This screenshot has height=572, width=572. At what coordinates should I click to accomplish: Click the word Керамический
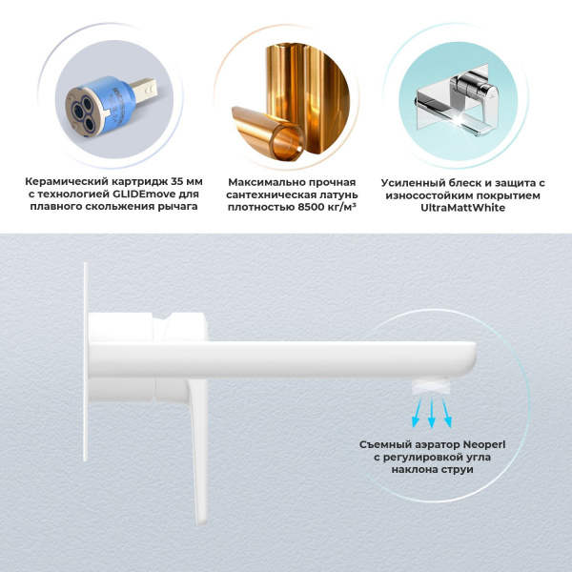tap(71, 181)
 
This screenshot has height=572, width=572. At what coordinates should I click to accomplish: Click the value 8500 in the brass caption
tap(302, 208)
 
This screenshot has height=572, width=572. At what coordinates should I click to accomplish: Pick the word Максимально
tap(266, 181)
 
